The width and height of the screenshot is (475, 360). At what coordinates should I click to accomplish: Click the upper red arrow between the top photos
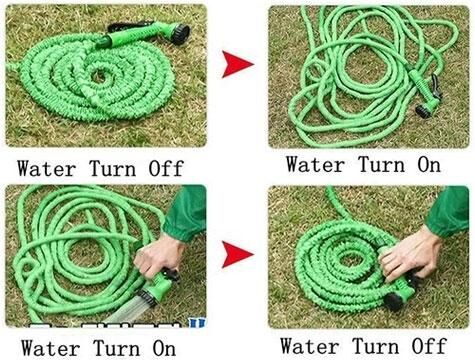pyautogui.click(x=237, y=66)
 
